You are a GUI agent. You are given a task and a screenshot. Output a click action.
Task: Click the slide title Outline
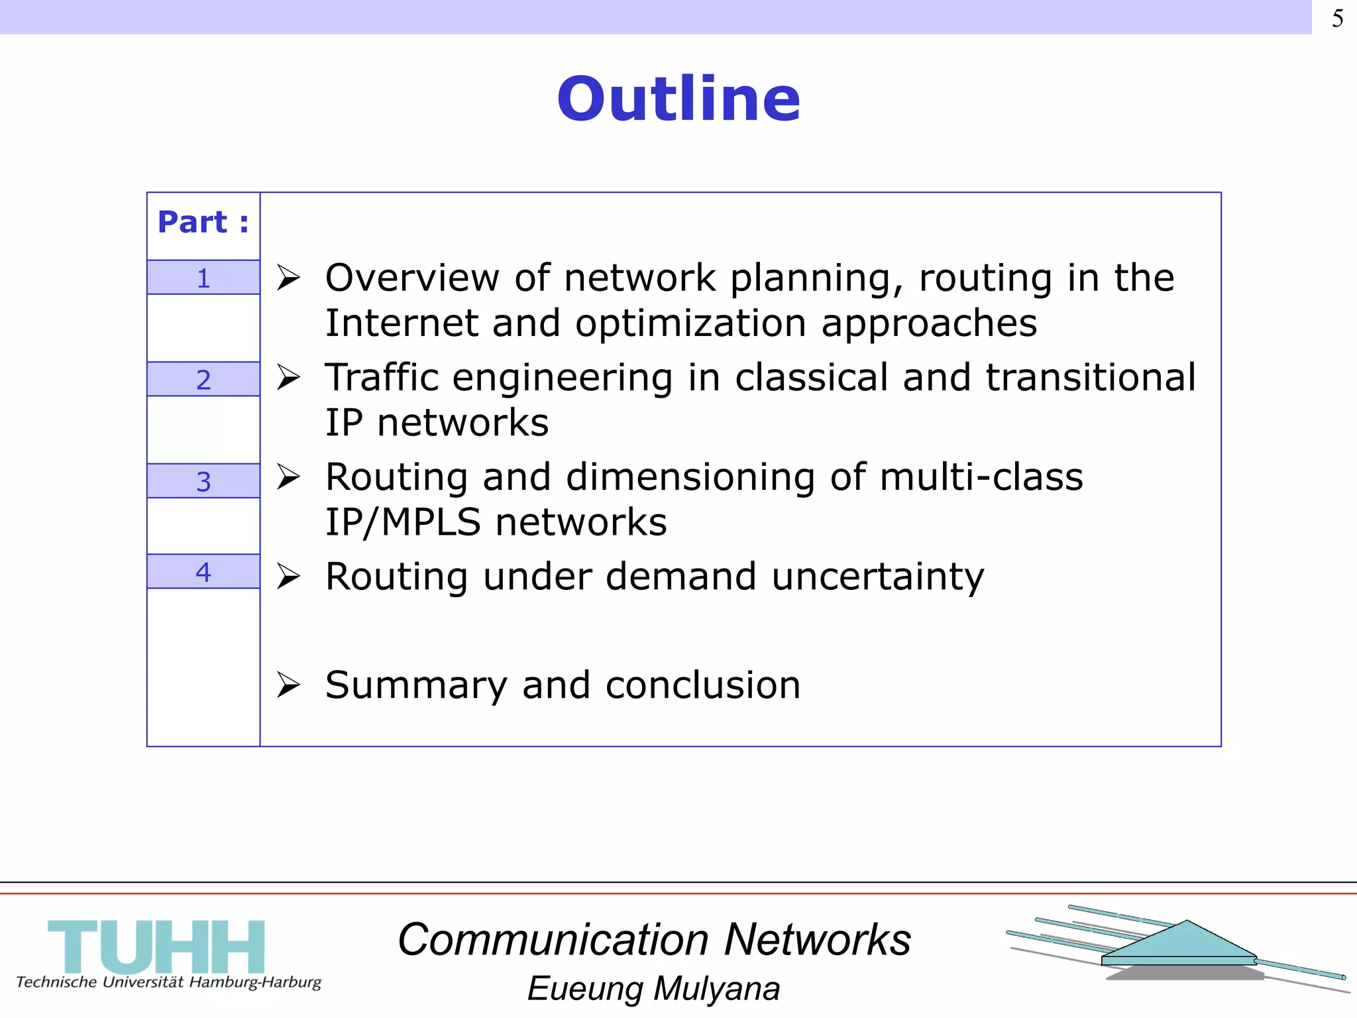click(x=678, y=99)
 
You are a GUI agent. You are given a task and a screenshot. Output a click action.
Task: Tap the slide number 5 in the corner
click(x=1337, y=19)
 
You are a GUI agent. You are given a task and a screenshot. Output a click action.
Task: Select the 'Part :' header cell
click(x=203, y=223)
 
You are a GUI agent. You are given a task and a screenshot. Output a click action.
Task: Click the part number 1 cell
click(x=203, y=278)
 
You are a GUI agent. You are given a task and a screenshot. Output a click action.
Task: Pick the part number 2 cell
click(x=203, y=380)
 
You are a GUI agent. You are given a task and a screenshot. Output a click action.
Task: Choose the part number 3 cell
click(x=203, y=481)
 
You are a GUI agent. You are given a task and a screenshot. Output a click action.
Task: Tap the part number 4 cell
click(x=203, y=571)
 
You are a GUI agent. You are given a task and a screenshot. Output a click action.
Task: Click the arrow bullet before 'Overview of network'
click(x=289, y=278)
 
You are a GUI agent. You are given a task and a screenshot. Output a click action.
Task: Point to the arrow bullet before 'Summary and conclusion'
click(x=289, y=685)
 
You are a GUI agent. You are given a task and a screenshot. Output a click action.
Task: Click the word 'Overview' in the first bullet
click(x=411, y=278)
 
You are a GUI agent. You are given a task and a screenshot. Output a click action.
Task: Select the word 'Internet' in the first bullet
click(x=400, y=323)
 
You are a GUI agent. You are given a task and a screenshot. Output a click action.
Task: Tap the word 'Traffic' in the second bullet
click(x=382, y=378)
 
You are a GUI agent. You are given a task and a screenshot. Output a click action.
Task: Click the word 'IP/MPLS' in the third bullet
click(x=402, y=522)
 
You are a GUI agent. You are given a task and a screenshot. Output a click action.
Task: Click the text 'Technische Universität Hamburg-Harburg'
click(x=168, y=982)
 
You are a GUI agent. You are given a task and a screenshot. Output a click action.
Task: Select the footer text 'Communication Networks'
click(x=654, y=940)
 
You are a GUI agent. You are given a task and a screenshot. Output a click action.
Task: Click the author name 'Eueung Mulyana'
click(x=653, y=989)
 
